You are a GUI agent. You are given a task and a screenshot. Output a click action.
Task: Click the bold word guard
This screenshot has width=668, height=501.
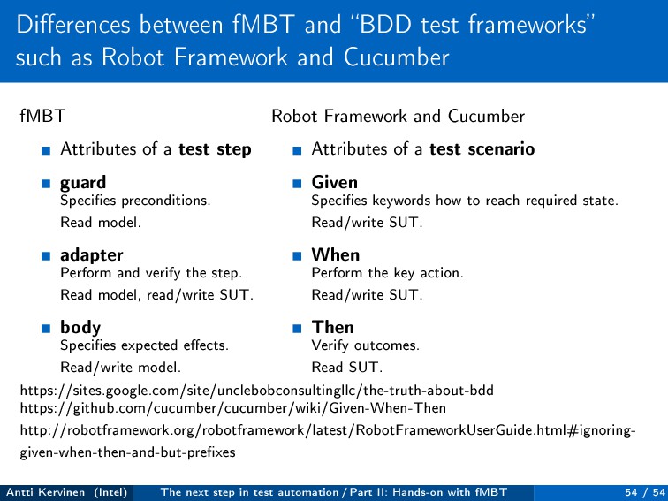point(83,184)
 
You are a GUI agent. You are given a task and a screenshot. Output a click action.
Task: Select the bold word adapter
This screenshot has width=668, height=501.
point(91,256)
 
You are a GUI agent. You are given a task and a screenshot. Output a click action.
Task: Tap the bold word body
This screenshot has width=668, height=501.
point(80,328)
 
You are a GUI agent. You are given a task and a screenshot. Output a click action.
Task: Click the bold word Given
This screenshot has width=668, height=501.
point(334,183)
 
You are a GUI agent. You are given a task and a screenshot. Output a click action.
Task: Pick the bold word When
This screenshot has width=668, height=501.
point(335,255)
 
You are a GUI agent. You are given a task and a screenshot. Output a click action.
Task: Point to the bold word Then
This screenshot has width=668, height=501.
point(332,328)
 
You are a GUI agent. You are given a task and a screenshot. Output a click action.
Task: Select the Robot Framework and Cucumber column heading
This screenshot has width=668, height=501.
point(398,116)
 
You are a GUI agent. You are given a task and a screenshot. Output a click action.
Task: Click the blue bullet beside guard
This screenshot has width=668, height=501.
point(44,186)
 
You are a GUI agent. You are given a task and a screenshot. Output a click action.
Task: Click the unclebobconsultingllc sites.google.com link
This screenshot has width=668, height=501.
point(256,390)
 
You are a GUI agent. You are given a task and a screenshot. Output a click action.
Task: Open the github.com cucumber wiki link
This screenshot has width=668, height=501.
point(232,408)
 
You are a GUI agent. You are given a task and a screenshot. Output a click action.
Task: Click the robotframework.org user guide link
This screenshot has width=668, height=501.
point(327,431)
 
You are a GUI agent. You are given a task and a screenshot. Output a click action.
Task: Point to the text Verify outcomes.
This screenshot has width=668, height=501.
point(365,345)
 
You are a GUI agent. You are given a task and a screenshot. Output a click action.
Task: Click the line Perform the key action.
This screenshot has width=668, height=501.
point(387,273)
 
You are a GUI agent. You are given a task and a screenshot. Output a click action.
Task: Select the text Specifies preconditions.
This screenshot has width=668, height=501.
point(135,201)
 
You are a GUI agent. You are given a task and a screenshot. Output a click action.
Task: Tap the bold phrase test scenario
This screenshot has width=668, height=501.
point(482,149)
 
